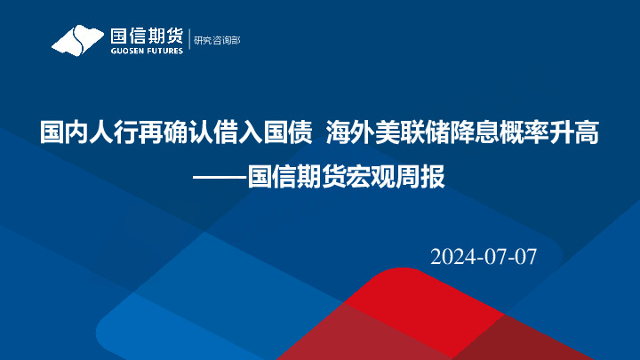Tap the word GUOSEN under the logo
click(125, 51)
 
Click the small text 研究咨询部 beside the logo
click(217, 40)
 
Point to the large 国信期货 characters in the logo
click(146, 36)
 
